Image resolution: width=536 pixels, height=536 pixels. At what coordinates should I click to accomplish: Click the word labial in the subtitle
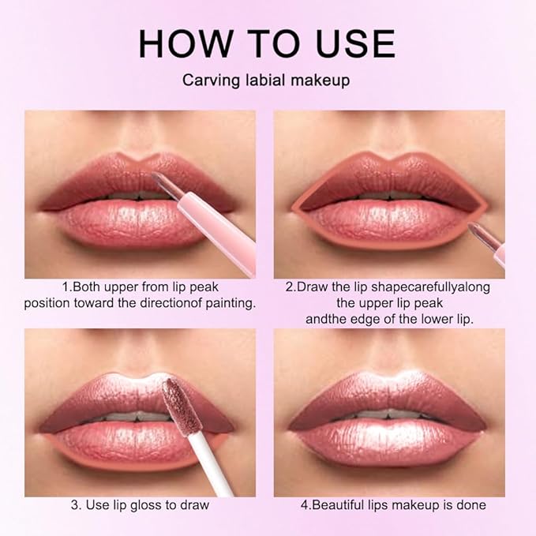260,81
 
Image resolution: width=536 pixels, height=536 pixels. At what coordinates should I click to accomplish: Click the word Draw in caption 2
310,287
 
